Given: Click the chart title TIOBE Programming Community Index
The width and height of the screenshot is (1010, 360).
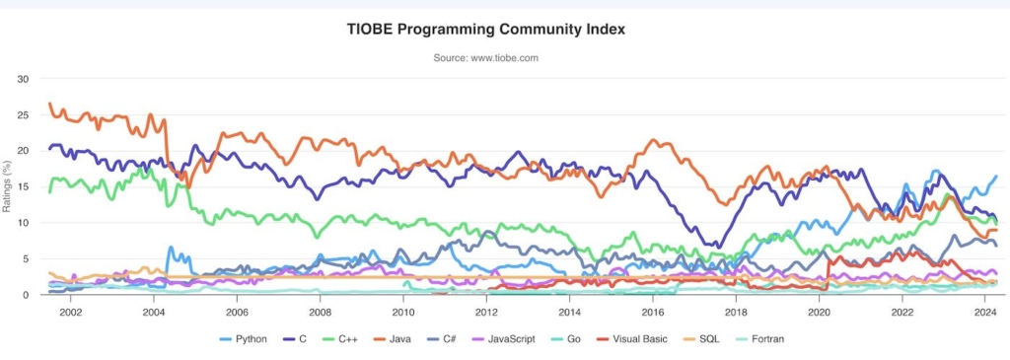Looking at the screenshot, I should pyautogui.click(x=485, y=30).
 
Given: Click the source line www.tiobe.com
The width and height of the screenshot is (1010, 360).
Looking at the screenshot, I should pyautogui.click(x=485, y=58).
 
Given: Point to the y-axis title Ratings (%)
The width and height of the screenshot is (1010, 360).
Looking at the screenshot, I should pyautogui.click(x=9, y=186).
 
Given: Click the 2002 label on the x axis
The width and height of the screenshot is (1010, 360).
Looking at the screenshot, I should pyautogui.click(x=70, y=312).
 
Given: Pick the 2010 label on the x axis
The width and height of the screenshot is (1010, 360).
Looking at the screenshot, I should pyautogui.click(x=402, y=312).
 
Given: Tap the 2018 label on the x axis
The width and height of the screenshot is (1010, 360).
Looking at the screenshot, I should pyautogui.click(x=735, y=312).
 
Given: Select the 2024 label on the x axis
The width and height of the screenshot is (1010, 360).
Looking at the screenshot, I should pyautogui.click(x=984, y=312).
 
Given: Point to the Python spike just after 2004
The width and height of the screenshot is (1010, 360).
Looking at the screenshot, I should pyautogui.click(x=171, y=248).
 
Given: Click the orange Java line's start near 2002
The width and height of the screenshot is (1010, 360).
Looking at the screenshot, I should pyautogui.click(x=50, y=104).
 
